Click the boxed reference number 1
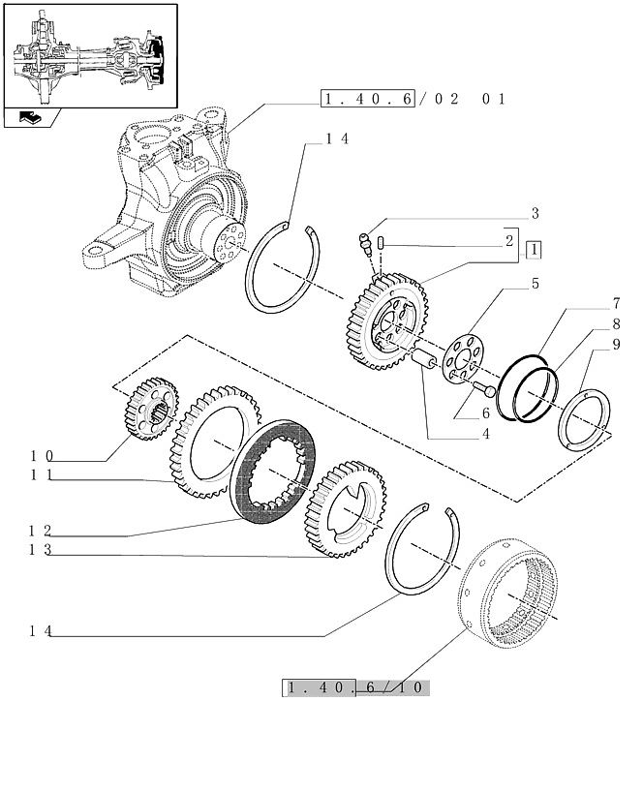(534, 251)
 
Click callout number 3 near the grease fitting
(535, 213)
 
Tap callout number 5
(535, 284)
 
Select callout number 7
(616, 303)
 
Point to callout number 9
(616, 345)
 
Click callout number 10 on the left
(42, 456)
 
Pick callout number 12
(41, 531)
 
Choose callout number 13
(41, 549)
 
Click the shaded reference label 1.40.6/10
(355, 687)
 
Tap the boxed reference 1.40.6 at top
(368, 99)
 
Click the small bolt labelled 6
(484, 390)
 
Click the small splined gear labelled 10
(151, 409)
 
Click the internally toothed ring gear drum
(507, 594)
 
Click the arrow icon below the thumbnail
(31, 118)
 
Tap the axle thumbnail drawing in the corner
(91, 55)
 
